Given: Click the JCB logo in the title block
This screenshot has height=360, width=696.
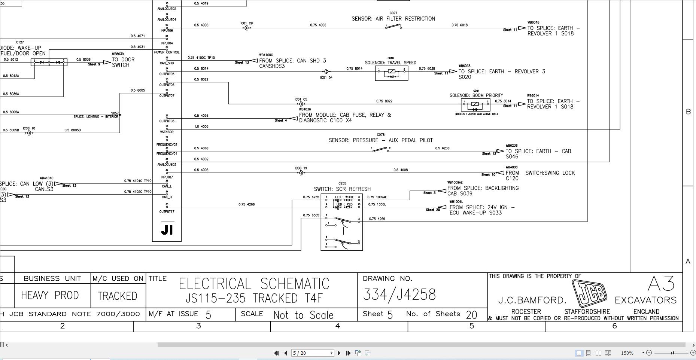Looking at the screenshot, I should click(x=590, y=293).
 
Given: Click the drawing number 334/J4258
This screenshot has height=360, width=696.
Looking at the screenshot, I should click(x=399, y=295).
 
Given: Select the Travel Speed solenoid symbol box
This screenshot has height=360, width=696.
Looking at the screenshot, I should click(x=391, y=73).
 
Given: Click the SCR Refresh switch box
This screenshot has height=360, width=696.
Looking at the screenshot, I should click(x=341, y=222).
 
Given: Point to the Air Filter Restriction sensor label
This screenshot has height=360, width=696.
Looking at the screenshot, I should click(x=393, y=19).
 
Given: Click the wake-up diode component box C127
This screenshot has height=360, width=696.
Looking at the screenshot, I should click(x=49, y=62).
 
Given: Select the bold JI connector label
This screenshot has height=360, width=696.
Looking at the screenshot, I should click(x=167, y=229).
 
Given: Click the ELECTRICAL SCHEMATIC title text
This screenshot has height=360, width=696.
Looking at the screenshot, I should click(x=254, y=284).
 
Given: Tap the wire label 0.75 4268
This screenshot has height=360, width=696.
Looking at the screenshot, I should click(x=246, y=204).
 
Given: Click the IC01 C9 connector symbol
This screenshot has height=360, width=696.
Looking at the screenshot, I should click(x=246, y=28).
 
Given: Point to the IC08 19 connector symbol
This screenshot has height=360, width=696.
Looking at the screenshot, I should click(x=301, y=173).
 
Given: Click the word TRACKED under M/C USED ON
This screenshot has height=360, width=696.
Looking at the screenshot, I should click(x=118, y=296).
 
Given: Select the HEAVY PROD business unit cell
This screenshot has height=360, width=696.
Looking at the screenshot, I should click(x=50, y=295).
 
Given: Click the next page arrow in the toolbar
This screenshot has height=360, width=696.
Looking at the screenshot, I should click(x=339, y=353).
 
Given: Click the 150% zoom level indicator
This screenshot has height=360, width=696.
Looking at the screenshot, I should click(x=627, y=353).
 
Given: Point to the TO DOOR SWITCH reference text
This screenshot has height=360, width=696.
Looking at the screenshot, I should click(x=123, y=62).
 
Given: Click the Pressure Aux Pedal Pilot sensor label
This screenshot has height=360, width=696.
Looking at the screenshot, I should click(x=380, y=140).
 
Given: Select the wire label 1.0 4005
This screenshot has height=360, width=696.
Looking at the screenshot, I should click(x=201, y=126).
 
